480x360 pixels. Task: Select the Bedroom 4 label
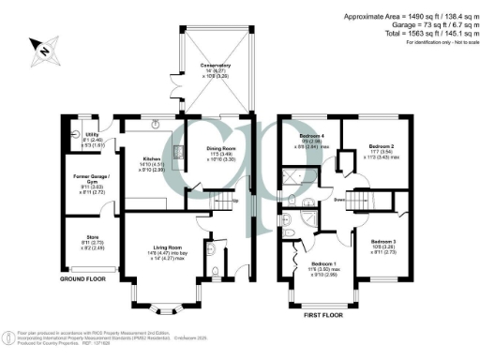(x=308, y=137)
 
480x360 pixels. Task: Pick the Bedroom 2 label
(x=380, y=147)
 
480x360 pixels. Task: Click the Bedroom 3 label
(x=383, y=242)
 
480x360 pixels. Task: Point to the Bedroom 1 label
(x=324, y=265)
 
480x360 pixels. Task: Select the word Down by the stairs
(x=339, y=200)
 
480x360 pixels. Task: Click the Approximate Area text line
(x=397, y=17)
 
